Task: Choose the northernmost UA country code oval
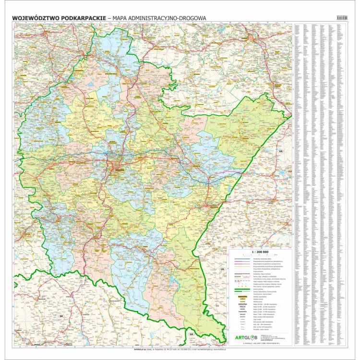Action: [280, 151]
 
